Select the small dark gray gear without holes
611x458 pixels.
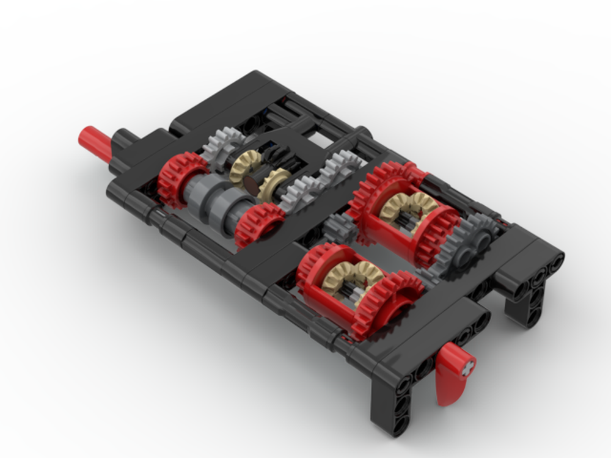coord(338,230)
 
